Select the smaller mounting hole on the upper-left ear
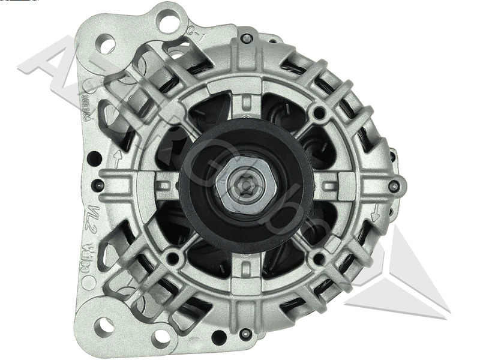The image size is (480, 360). click(106, 44)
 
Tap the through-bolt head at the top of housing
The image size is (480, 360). click(245, 38)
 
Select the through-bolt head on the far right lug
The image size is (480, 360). click(394, 187)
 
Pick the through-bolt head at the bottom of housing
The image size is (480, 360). click(244, 334)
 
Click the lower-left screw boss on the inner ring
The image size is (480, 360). click(173, 259)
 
